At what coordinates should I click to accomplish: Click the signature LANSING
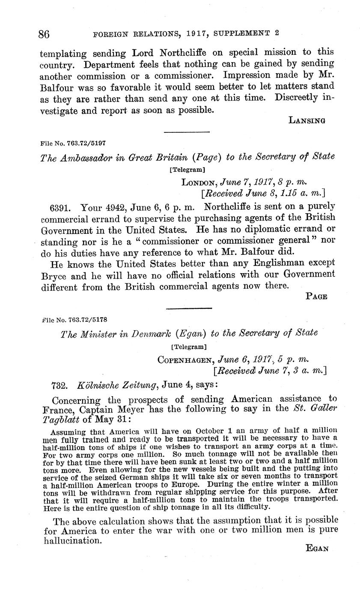[307, 120]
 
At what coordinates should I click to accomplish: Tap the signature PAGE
[317, 296]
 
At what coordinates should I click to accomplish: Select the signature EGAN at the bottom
[317, 548]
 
